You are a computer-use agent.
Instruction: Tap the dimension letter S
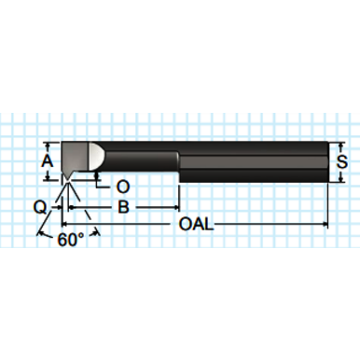pos(342,161)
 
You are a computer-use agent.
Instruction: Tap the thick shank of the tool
pos(252,161)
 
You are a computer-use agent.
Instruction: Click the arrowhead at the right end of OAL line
pos(324,225)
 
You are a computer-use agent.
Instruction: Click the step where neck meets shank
pos(178,166)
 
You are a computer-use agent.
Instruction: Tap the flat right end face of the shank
pos(329,161)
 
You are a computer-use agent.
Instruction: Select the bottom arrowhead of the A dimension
pos(49,177)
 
